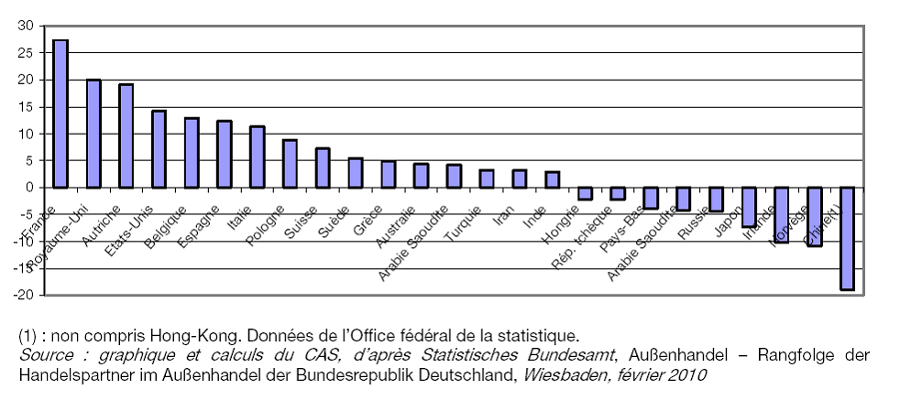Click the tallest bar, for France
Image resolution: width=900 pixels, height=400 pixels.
click(60, 114)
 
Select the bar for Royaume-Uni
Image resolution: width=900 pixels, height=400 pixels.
click(93, 134)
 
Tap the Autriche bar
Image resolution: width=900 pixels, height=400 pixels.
click(126, 135)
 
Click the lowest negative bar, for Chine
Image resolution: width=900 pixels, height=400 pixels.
click(847, 238)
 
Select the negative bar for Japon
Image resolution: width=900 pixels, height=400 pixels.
click(749, 207)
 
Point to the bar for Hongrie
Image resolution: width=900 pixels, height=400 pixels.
click(585, 193)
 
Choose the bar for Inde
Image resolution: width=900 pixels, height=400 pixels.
click(552, 179)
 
